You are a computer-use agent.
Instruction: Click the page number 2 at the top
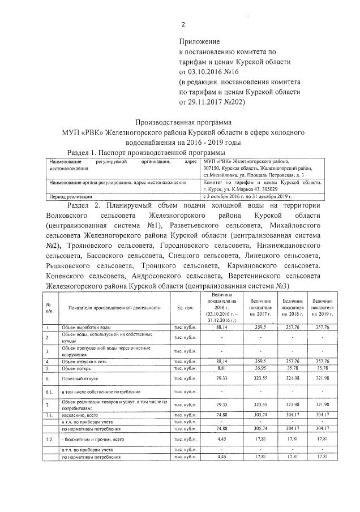pos(183,24)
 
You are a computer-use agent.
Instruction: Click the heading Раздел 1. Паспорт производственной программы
pos(146,153)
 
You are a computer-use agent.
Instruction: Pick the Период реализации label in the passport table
pos(69,196)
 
